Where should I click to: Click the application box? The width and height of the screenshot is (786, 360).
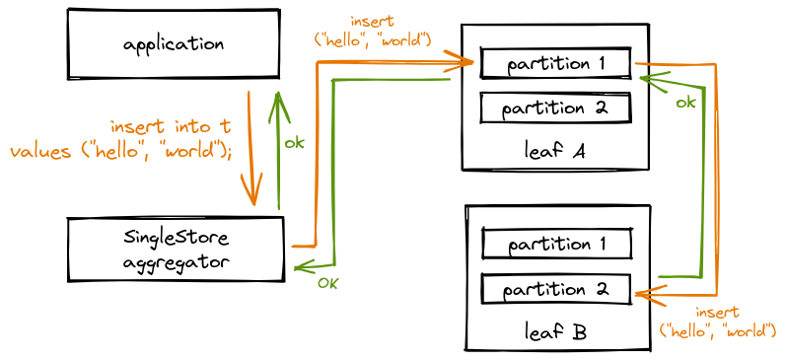173,44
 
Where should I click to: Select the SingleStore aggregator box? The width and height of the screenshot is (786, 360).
176,250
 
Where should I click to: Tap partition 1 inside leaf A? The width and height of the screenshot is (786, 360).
555,64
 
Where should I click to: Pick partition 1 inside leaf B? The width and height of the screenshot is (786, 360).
556,244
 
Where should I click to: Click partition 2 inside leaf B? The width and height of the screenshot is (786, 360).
556,290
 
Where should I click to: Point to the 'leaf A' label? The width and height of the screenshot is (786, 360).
554,151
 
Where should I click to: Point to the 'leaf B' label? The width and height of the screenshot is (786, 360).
555,332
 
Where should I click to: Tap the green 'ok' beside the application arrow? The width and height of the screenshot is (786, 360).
294,143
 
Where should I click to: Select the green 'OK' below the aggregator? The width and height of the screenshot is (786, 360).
328,284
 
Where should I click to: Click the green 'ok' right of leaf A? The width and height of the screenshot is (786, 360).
685,103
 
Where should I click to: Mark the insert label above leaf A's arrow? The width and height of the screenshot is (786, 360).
373,31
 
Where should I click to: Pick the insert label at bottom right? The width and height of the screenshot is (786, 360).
717,323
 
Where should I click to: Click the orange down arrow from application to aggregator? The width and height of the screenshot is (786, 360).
252,148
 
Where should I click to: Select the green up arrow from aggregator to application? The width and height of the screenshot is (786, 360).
279,148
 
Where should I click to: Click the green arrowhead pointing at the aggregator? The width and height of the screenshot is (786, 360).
302,266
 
